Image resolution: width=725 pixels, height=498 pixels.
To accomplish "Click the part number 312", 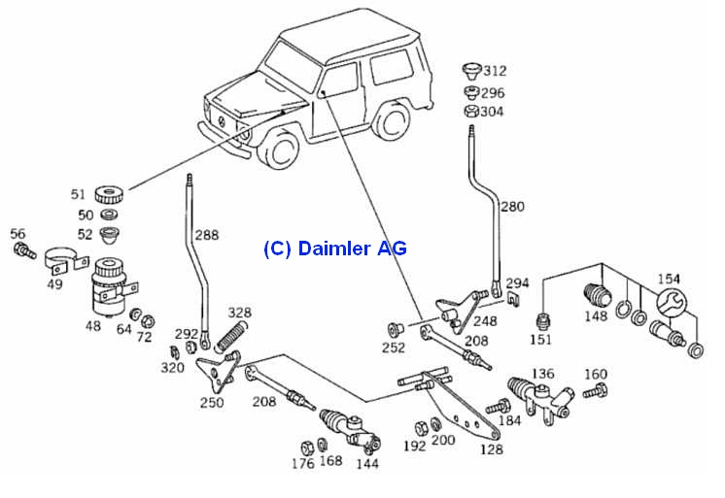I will pos(495,71).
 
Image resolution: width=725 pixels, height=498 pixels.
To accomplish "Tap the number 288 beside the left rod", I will pos(205,234).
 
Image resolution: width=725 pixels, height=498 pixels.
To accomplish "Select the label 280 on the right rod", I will pos(511,207).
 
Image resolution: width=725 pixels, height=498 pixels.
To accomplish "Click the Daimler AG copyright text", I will pos(334,249).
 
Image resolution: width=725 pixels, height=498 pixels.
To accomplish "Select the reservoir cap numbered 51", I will pos(110,195).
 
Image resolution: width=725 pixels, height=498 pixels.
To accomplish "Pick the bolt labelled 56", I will pos(22,251).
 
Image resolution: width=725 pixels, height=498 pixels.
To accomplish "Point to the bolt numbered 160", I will pos(595,391).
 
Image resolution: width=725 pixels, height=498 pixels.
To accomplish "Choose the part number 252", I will pos(395,348).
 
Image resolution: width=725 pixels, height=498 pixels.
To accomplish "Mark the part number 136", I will pos(541,373).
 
